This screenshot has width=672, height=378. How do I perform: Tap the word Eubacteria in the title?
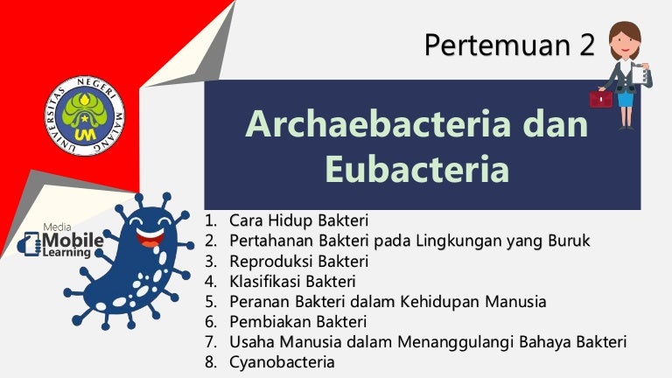[x=416, y=168]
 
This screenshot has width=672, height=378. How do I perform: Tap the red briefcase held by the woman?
[x=600, y=98]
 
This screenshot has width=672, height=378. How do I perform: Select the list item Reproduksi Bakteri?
[x=298, y=261]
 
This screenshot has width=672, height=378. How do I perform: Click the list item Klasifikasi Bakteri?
[x=292, y=281]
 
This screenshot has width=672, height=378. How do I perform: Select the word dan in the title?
[x=556, y=125]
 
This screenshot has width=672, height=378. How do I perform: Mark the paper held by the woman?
[x=645, y=77]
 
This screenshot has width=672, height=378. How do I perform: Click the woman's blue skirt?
[x=625, y=97]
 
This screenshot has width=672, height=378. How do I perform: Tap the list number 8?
[x=210, y=361]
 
